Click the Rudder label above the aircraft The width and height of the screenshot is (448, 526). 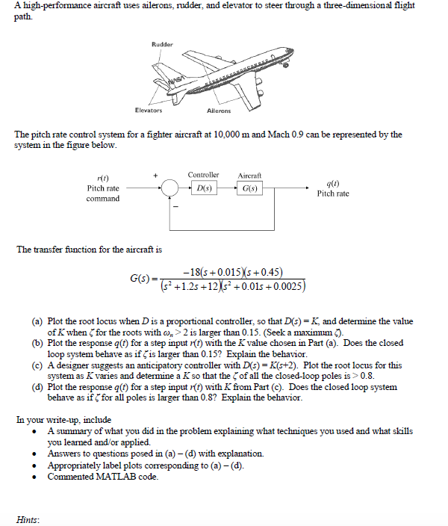(162, 44)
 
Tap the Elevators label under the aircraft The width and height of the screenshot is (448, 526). (149, 110)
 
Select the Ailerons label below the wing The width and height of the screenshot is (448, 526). (218, 111)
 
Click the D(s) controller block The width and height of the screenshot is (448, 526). (203, 189)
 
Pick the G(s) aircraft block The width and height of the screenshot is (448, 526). (249, 189)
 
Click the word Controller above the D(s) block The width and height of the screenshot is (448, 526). (203, 175)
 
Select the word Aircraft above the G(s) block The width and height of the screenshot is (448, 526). (249, 175)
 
